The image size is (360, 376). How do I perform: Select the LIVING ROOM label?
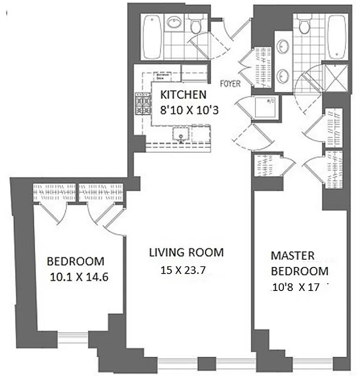click(186, 252)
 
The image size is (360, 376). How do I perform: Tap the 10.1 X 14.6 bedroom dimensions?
click(79, 277)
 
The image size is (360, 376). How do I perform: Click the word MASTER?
click(292, 256)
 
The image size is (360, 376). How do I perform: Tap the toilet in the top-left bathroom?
click(195, 23)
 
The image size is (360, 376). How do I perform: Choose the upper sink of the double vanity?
click(284, 46)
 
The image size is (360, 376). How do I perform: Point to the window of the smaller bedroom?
click(76, 335)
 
